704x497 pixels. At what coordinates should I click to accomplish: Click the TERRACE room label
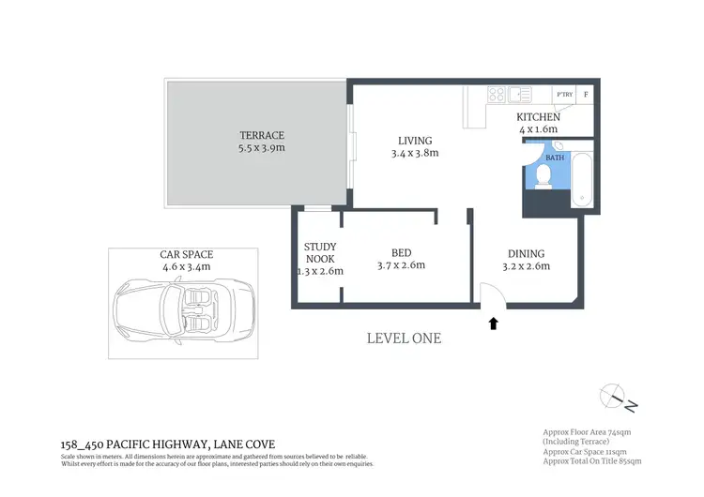pos(261,135)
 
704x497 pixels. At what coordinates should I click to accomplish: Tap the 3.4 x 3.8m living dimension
pos(413,153)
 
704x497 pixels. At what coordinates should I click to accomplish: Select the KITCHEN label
pos(538,117)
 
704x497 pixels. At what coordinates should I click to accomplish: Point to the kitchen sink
pos(520,94)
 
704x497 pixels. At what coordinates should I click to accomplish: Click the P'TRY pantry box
pos(564,94)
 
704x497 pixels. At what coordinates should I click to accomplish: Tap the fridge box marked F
pos(587,94)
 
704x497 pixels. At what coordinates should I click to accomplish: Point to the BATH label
pos(556,158)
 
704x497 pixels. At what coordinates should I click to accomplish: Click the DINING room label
pos(526,254)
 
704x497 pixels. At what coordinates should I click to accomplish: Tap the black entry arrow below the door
pos(494,324)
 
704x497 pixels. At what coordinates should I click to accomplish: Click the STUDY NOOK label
pos(320,253)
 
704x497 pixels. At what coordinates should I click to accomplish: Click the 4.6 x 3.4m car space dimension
pos(186,266)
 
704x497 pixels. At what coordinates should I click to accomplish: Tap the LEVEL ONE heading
pos(404,339)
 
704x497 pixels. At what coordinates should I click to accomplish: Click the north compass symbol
pos(618,397)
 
